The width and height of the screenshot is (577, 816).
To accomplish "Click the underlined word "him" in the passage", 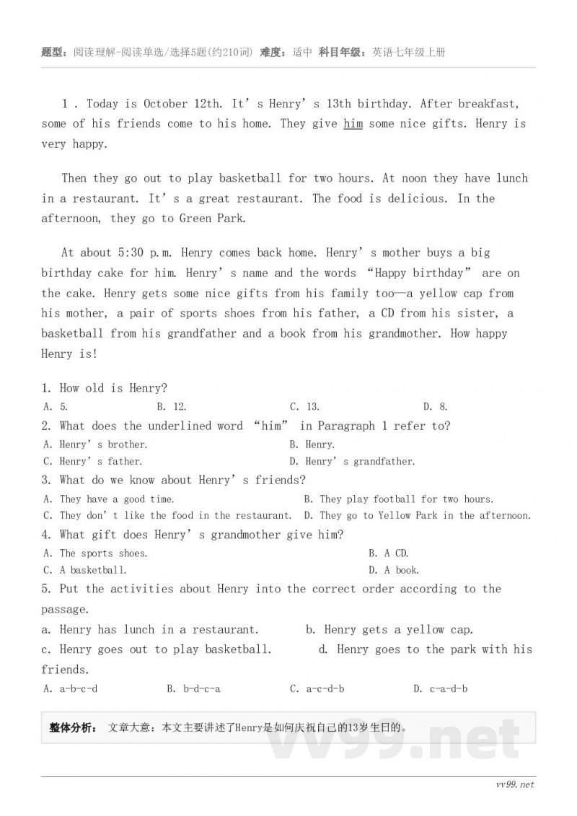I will tap(353, 124).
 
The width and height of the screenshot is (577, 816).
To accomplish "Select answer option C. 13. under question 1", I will tap(304, 407).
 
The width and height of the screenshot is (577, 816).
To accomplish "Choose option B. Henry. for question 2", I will tap(312, 444).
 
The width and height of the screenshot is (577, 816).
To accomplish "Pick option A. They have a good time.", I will tap(108, 499).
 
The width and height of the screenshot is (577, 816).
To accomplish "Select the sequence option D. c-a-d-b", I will tap(440, 688).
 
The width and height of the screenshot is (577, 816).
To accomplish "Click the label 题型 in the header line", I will tap(54, 53).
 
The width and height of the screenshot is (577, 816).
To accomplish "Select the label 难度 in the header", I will tap(272, 53).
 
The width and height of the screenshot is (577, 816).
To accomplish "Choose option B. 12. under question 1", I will tap(172, 407).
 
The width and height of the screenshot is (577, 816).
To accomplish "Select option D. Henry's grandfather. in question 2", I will tap(352, 461).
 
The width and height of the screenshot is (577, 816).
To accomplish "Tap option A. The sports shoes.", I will tap(95, 553).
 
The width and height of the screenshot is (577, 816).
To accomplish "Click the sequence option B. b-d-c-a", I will tap(193, 688).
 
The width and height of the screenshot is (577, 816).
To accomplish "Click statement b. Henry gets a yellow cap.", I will tap(389, 630).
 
